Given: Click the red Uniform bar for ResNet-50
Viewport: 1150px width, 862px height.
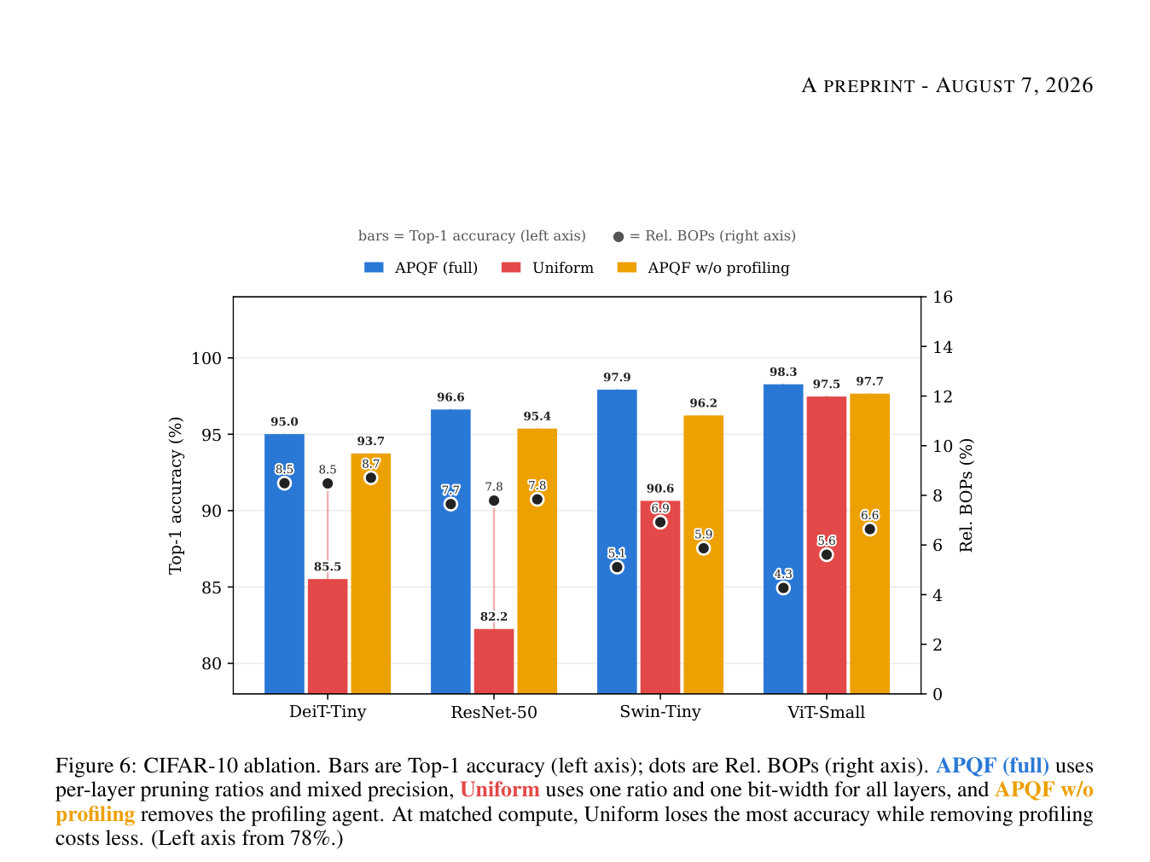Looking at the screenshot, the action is pos(494,661).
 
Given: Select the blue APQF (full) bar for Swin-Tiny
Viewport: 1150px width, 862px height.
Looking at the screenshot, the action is pos(617,541).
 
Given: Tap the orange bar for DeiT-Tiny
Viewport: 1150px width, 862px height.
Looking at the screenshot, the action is pos(370,573).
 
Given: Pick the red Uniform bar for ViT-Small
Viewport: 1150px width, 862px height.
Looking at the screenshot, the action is pos(826,545).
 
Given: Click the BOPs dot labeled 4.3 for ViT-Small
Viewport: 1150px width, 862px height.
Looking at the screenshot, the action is pos(782,587).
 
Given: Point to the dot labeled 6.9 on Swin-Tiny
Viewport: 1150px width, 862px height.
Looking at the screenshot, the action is pos(660,522).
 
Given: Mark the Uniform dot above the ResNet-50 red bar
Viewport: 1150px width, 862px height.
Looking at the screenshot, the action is pos(494,500).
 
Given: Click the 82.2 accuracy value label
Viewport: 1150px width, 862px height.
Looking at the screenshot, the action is pos(494,616).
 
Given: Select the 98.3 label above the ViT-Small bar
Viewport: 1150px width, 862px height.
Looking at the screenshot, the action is pos(782,372).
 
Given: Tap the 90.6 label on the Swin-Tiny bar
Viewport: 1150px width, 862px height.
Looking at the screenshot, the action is pos(659,488).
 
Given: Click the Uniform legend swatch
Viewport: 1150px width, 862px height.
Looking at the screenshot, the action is pos(511,268).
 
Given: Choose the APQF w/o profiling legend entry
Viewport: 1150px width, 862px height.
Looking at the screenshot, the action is pos(703,268).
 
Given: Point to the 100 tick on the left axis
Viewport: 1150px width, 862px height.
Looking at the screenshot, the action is pos(206,358).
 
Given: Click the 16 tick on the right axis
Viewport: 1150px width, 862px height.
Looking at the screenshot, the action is pos(943,297).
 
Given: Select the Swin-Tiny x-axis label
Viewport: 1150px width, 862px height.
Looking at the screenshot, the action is pos(659,711).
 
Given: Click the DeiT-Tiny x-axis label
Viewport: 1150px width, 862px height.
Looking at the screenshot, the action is pos(328,711).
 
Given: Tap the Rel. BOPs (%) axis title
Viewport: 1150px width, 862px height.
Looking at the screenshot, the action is pos(966,495).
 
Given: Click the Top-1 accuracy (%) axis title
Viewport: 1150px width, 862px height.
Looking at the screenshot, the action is pos(176,495).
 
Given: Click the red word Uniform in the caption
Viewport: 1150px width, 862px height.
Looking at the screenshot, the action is pos(499,790).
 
